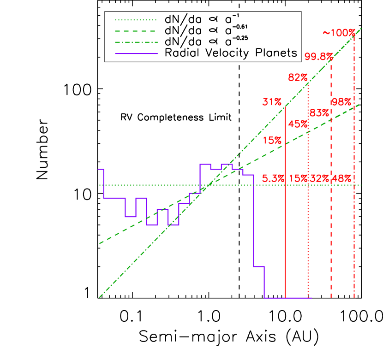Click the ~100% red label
[339, 33]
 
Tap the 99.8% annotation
[318, 57]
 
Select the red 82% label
[298, 77]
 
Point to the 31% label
[272, 102]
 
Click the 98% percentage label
[341, 102]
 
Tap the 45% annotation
[297, 124]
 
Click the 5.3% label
[273, 178]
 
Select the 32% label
[320, 178]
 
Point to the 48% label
[342, 178]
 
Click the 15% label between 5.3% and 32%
[298, 178]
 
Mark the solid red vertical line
[286, 230]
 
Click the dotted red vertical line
[308, 230]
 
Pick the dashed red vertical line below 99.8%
[331, 230]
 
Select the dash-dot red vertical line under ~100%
[354, 230]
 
